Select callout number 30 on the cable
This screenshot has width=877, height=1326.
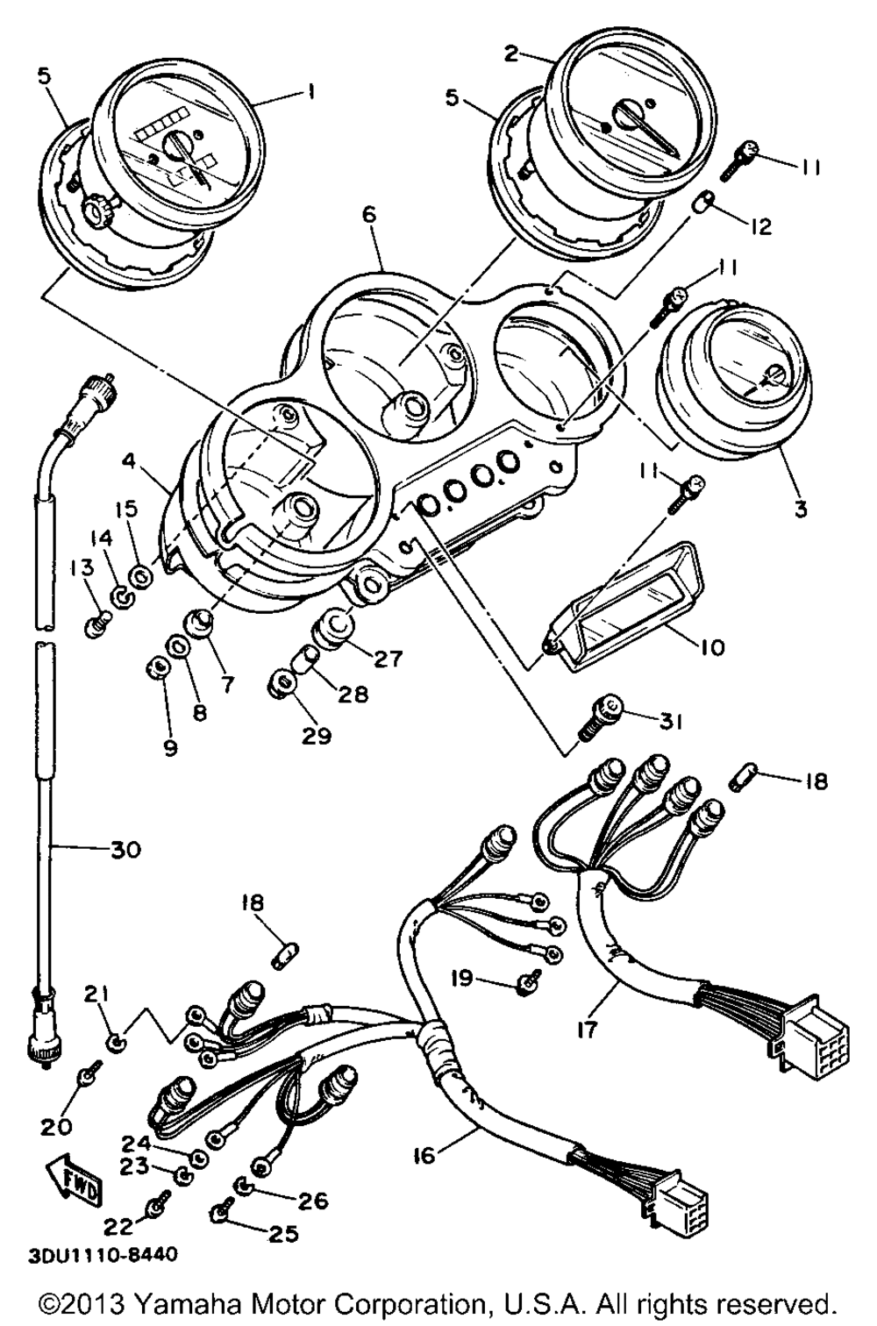tap(124, 849)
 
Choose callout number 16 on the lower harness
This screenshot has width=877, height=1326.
tap(424, 1157)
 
